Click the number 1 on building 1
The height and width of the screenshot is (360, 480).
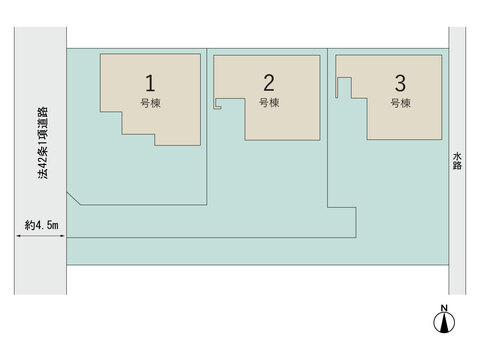click(150, 83)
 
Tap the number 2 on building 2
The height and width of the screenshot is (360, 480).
click(269, 83)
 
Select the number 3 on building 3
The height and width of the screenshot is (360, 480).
click(400, 83)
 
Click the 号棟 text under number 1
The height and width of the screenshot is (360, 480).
click(150, 103)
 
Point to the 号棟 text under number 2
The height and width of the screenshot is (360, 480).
click(269, 103)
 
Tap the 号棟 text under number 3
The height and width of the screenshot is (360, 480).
click(400, 103)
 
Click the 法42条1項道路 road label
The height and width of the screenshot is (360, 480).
click(43, 143)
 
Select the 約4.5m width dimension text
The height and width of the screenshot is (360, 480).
click(42, 225)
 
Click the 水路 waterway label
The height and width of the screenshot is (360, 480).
click(457, 161)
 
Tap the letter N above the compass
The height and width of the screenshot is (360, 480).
click(444, 308)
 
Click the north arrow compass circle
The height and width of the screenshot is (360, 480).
click(444, 323)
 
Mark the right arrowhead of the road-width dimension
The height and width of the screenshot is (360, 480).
click(62, 236)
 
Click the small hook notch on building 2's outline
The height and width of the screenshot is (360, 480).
click(217, 104)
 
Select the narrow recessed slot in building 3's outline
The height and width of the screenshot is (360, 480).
click(344, 87)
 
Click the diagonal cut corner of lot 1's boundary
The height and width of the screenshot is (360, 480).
click(74, 199)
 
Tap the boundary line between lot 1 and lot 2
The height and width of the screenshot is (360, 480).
click(207, 127)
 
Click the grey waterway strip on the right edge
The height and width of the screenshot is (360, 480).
click(457, 161)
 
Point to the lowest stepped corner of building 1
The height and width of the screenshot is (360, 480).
click(155, 145)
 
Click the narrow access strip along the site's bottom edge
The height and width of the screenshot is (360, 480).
click(257, 251)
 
